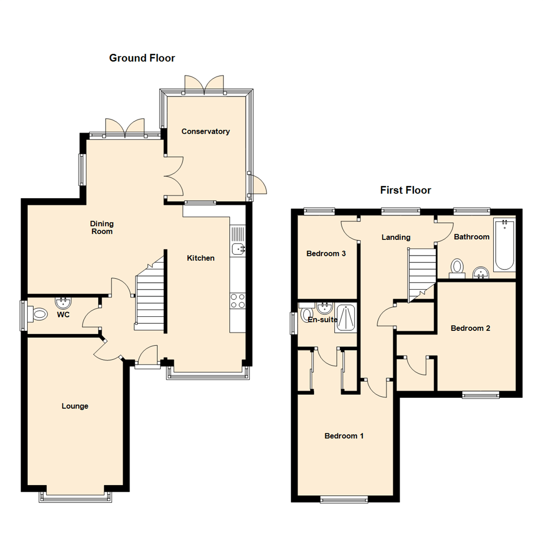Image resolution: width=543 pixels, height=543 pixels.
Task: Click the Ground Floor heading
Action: [x=142, y=58]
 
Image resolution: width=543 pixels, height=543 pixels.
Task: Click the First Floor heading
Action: [x=405, y=191]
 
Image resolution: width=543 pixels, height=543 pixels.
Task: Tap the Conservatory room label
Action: [x=205, y=132]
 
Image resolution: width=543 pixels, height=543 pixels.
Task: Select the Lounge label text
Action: [x=75, y=406]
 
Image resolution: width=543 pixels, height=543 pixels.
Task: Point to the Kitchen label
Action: [x=201, y=258]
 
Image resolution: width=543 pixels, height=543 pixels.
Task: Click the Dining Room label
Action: [x=102, y=228]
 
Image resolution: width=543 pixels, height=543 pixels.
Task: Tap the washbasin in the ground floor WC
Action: [x=64, y=303]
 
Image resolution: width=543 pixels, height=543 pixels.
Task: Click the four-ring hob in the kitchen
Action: [x=238, y=301]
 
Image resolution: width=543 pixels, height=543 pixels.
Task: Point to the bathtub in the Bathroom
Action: [x=504, y=245]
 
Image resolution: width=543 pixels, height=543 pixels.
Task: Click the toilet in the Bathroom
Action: [x=457, y=267]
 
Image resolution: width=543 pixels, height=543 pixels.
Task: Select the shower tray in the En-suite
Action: [x=346, y=318]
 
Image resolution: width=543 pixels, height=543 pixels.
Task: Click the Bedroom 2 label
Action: [x=470, y=328]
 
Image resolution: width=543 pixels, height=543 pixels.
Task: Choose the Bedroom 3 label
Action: [x=326, y=254]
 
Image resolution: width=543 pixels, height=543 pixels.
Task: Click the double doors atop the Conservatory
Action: [x=204, y=84]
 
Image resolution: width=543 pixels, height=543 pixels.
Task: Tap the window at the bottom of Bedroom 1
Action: [x=344, y=499]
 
